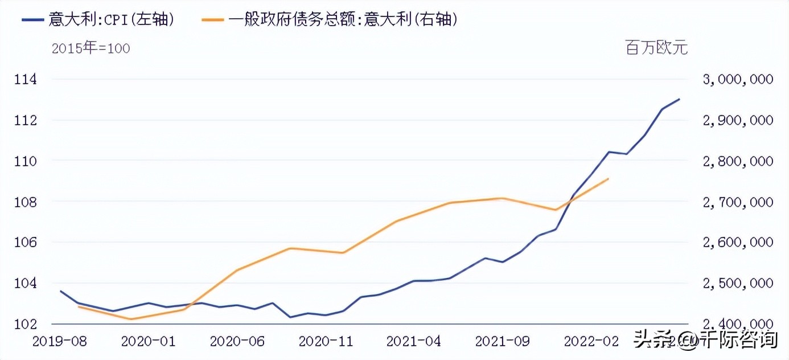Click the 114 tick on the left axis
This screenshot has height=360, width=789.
[x=25, y=79]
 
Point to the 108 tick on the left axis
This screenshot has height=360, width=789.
[x=25, y=202]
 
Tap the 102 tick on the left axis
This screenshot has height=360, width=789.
[x=25, y=324]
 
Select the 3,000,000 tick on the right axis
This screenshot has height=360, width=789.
[x=738, y=79]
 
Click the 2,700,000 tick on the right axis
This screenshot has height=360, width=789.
[x=738, y=202]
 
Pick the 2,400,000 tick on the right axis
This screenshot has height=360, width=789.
[x=738, y=324]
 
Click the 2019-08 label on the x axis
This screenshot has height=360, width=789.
[x=60, y=341]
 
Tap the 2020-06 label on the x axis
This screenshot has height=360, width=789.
[x=237, y=341]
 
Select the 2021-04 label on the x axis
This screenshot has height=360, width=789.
[x=414, y=341]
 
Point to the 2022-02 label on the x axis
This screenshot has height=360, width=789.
[x=591, y=341]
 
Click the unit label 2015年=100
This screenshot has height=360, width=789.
[x=91, y=48]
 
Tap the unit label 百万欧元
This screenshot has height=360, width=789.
[x=657, y=48]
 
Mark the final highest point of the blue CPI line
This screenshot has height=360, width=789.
[x=679, y=99]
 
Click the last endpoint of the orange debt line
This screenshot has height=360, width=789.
[x=609, y=179]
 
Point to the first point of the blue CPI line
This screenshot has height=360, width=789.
[x=60, y=291]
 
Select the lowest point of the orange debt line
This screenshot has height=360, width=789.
[x=131, y=319]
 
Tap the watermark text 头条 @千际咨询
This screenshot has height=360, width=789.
[x=705, y=340]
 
